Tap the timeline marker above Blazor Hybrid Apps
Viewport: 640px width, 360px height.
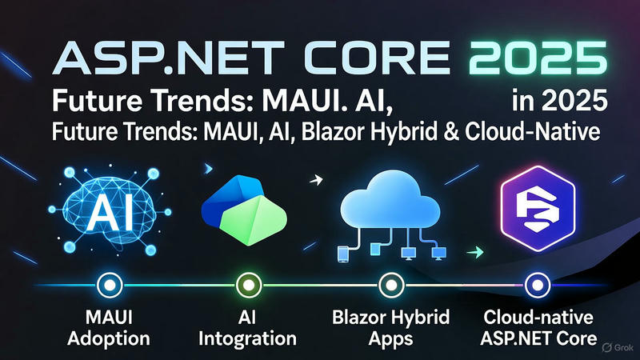coord(390,284)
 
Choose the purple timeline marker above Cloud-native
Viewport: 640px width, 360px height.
coord(533,284)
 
